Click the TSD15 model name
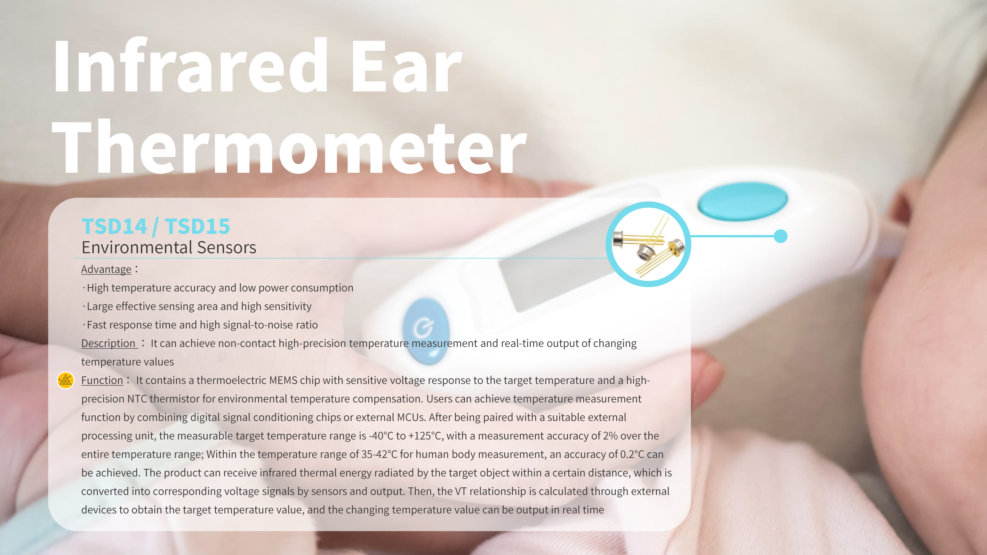pos(197,226)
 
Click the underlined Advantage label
pos(106,269)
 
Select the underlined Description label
pos(108,343)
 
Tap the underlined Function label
pos(102,380)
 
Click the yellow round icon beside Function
pos(66,380)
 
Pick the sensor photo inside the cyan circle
pos(648,244)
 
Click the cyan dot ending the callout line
pos(780,236)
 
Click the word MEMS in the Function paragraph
pos(283,380)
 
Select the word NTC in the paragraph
pos(137,399)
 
